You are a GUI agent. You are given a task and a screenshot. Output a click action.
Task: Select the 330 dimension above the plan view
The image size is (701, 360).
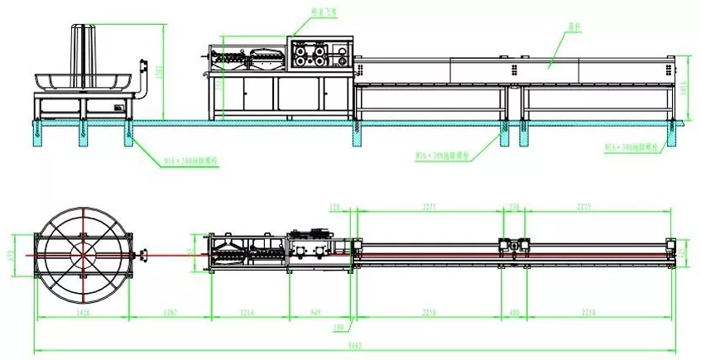click(x=513, y=207)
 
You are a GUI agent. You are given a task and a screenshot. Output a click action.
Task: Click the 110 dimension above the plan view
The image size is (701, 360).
click(x=335, y=207)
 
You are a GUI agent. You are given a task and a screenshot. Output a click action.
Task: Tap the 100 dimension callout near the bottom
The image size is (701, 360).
click(x=338, y=329)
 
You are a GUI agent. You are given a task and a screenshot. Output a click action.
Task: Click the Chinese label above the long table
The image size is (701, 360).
click(x=574, y=26)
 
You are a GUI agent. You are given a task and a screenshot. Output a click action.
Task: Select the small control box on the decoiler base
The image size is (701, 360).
click(x=120, y=105)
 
